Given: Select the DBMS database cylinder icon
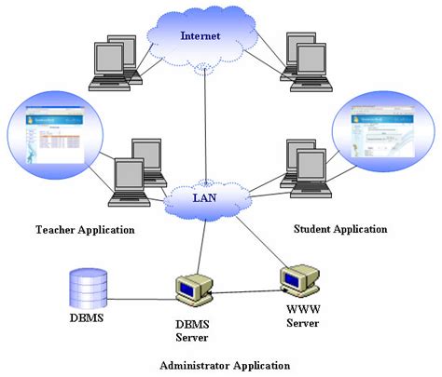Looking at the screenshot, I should tap(90, 288).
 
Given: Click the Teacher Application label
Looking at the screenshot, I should tap(84, 229).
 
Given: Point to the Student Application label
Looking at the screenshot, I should tap(340, 228).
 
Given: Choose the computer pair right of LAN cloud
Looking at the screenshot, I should tap(303, 169).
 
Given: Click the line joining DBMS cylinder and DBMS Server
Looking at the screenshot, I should tap(145, 299).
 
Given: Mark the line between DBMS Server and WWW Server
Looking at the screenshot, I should tap(247, 291).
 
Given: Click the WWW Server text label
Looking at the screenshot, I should tap(301, 316).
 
